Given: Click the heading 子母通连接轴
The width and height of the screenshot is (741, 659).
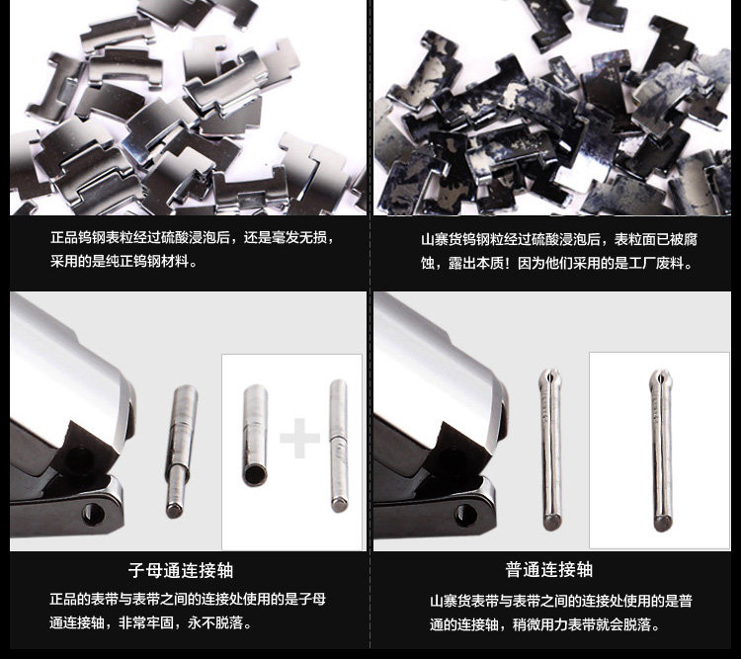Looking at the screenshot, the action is pyautogui.click(x=181, y=570).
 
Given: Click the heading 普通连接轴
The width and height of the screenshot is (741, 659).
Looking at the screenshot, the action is pyautogui.click(x=548, y=569).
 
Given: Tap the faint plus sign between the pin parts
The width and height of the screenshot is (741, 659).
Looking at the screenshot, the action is pyautogui.click(x=299, y=438).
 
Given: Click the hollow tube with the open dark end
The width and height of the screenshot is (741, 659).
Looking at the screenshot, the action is pyautogui.click(x=255, y=435).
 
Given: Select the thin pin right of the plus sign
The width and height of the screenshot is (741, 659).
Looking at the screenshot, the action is pyautogui.click(x=338, y=446).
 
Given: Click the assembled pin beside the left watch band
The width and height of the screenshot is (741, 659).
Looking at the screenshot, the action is pyautogui.click(x=181, y=451).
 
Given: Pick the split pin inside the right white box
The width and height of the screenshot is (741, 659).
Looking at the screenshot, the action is pyautogui.click(x=661, y=451).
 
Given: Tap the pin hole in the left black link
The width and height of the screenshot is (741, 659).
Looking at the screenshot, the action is pyautogui.click(x=93, y=514).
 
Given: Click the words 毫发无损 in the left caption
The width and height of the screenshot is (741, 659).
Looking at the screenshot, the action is pyautogui.click(x=298, y=237).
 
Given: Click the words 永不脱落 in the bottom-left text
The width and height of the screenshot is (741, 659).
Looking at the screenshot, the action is pyautogui.click(x=215, y=622).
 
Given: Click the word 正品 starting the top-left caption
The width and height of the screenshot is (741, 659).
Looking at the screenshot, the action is pyautogui.click(x=64, y=237).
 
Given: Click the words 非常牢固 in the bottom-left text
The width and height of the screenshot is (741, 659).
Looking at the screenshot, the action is pyautogui.click(x=146, y=622).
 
